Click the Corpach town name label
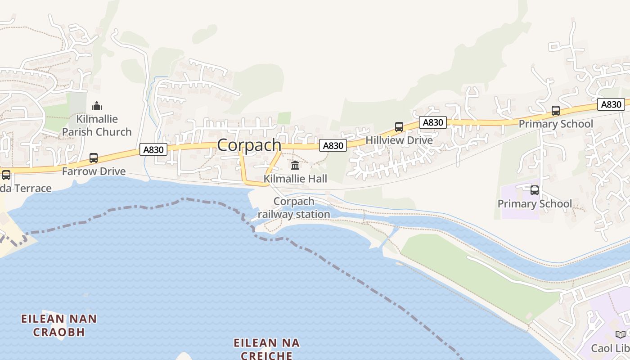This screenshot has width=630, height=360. click(249, 145)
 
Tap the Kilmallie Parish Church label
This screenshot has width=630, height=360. click(97, 126)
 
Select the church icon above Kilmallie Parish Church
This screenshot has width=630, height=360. click(97, 106)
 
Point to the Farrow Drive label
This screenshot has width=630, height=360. click(94, 171)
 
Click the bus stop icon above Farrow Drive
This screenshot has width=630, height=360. click(94, 158)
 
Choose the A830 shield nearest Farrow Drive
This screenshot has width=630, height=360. click(153, 149)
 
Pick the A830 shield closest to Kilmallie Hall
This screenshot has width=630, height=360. click(333, 145)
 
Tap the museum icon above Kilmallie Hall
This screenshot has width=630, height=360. click(295, 165)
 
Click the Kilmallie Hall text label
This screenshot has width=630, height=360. click(295, 179)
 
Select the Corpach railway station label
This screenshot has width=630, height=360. click(294, 208)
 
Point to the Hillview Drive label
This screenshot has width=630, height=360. click(399, 140)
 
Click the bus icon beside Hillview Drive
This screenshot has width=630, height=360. click(399, 127)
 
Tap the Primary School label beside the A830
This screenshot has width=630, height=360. click(556, 124)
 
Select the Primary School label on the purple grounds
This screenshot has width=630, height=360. click(535, 204)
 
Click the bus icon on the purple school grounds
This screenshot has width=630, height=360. click(535, 190)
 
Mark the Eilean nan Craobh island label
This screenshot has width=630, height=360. click(59, 325)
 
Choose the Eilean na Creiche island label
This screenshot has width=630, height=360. click(267, 349)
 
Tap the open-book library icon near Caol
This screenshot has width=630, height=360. click(621, 334)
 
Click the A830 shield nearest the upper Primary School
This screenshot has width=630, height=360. click(612, 104)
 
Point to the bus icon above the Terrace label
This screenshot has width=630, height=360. click(6, 175)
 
